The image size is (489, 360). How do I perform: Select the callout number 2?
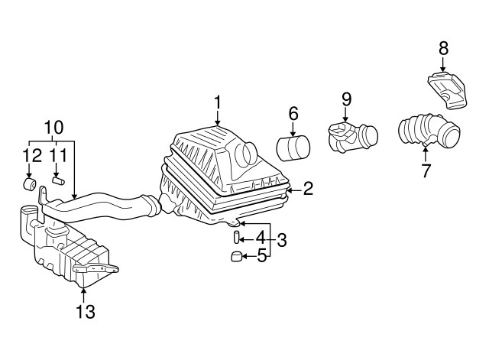(308, 189)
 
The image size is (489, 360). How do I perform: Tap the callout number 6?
(293, 114)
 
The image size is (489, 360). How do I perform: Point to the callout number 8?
(443, 49)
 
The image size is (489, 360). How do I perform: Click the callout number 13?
(85, 311)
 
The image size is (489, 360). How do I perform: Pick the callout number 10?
(53, 128)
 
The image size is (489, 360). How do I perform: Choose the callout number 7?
(426, 170)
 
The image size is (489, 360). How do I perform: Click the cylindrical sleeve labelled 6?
(293, 148)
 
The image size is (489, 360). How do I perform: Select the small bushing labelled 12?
(30, 183)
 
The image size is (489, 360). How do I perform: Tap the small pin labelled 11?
(58, 180)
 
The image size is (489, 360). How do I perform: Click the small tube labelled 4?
(236, 238)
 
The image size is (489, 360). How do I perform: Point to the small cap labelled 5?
(236, 256)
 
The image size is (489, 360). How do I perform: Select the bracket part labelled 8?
(448, 90)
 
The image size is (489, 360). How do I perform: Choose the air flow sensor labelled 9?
(353, 138)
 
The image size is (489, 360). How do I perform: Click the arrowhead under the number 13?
(83, 290)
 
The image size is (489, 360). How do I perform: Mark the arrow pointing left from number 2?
(294, 189)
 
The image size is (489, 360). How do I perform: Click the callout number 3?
(282, 241)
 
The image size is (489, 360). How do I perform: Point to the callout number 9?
(346, 99)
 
